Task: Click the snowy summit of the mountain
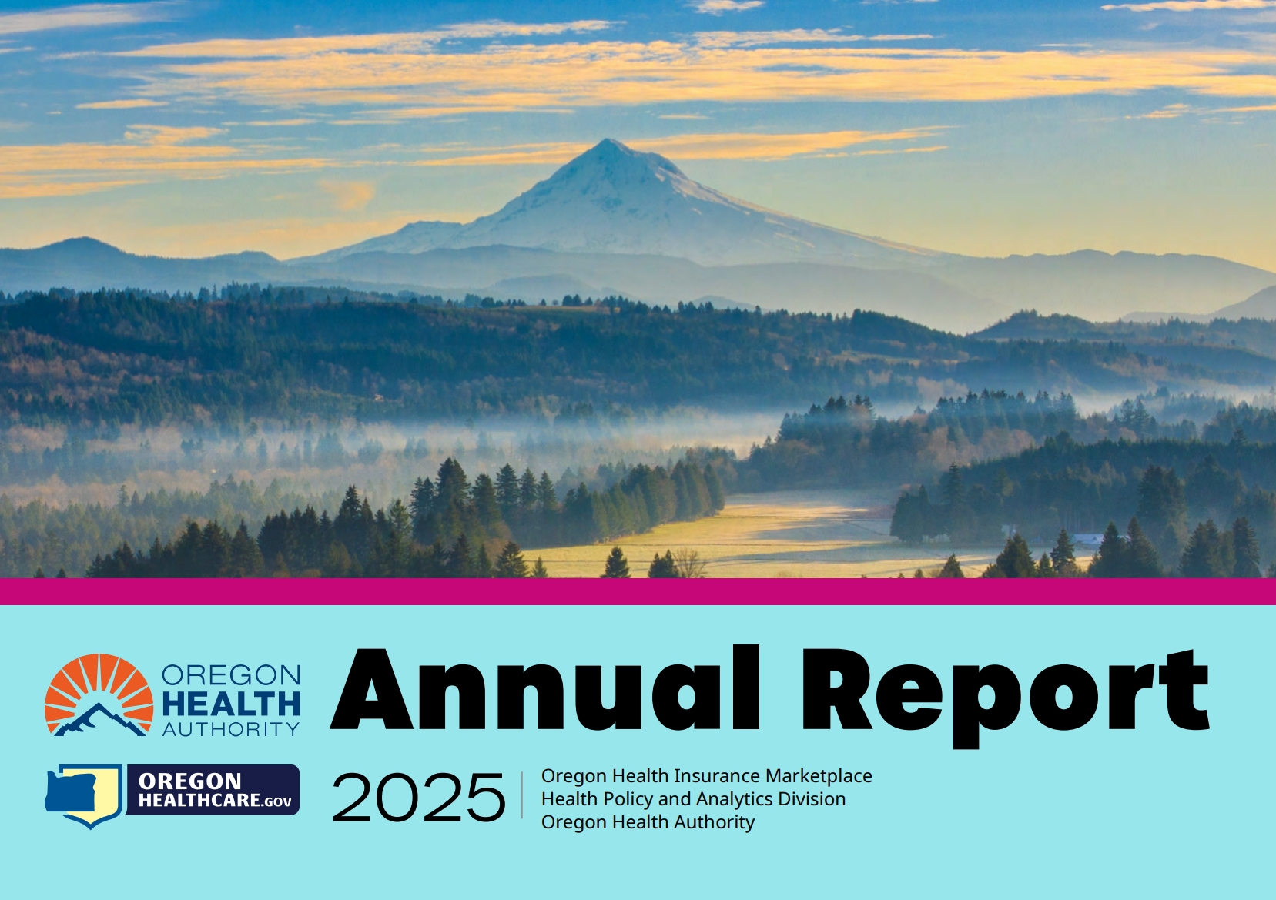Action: coord(609,146)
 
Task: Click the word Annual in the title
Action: coord(545,690)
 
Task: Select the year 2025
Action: coord(418,798)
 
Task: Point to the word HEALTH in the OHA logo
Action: coord(230,704)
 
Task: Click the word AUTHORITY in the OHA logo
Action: coord(230,729)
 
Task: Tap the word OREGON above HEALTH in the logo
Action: coord(230,676)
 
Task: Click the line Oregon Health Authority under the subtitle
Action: coord(648,822)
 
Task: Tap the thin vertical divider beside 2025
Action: coord(522,795)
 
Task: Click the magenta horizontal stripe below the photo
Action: coord(638,591)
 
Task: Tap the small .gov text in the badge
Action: coord(278,802)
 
